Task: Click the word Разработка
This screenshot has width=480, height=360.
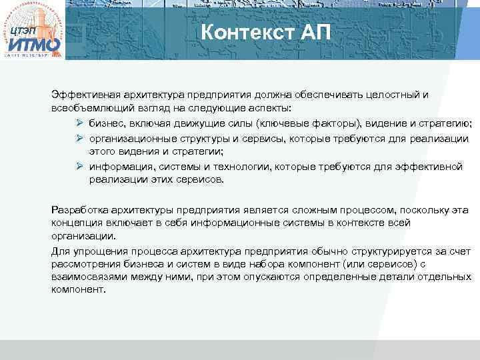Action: click(x=79, y=210)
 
